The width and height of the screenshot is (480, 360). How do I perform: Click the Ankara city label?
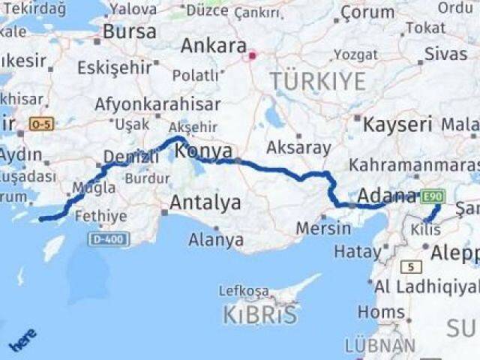click(x=213, y=46)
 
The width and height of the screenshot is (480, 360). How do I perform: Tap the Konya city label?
click(x=203, y=151)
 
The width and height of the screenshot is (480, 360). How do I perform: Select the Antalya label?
click(x=205, y=202)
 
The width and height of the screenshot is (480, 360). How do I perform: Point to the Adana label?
click(x=386, y=196)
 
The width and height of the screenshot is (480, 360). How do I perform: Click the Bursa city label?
click(x=130, y=32)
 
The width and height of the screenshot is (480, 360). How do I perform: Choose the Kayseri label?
click(x=397, y=124)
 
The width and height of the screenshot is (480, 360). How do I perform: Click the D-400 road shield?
click(x=108, y=238)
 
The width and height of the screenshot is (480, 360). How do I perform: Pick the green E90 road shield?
click(x=432, y=196)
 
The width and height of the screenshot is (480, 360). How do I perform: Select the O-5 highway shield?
click(x=40, y=123)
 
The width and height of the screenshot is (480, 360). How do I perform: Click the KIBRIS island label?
click(x=259, y=315)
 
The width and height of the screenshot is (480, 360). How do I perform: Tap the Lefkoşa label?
click(x=244, y=290)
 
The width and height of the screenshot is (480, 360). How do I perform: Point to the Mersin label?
click(x=323, y=227)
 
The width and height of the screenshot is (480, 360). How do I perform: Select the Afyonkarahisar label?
click(x=157, y=104)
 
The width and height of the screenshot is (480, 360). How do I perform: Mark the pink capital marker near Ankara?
click(x=252, y=54)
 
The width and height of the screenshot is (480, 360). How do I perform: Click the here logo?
click(x=22, y=341)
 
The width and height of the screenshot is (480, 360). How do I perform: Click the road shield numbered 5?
click(x=411, y=266)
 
